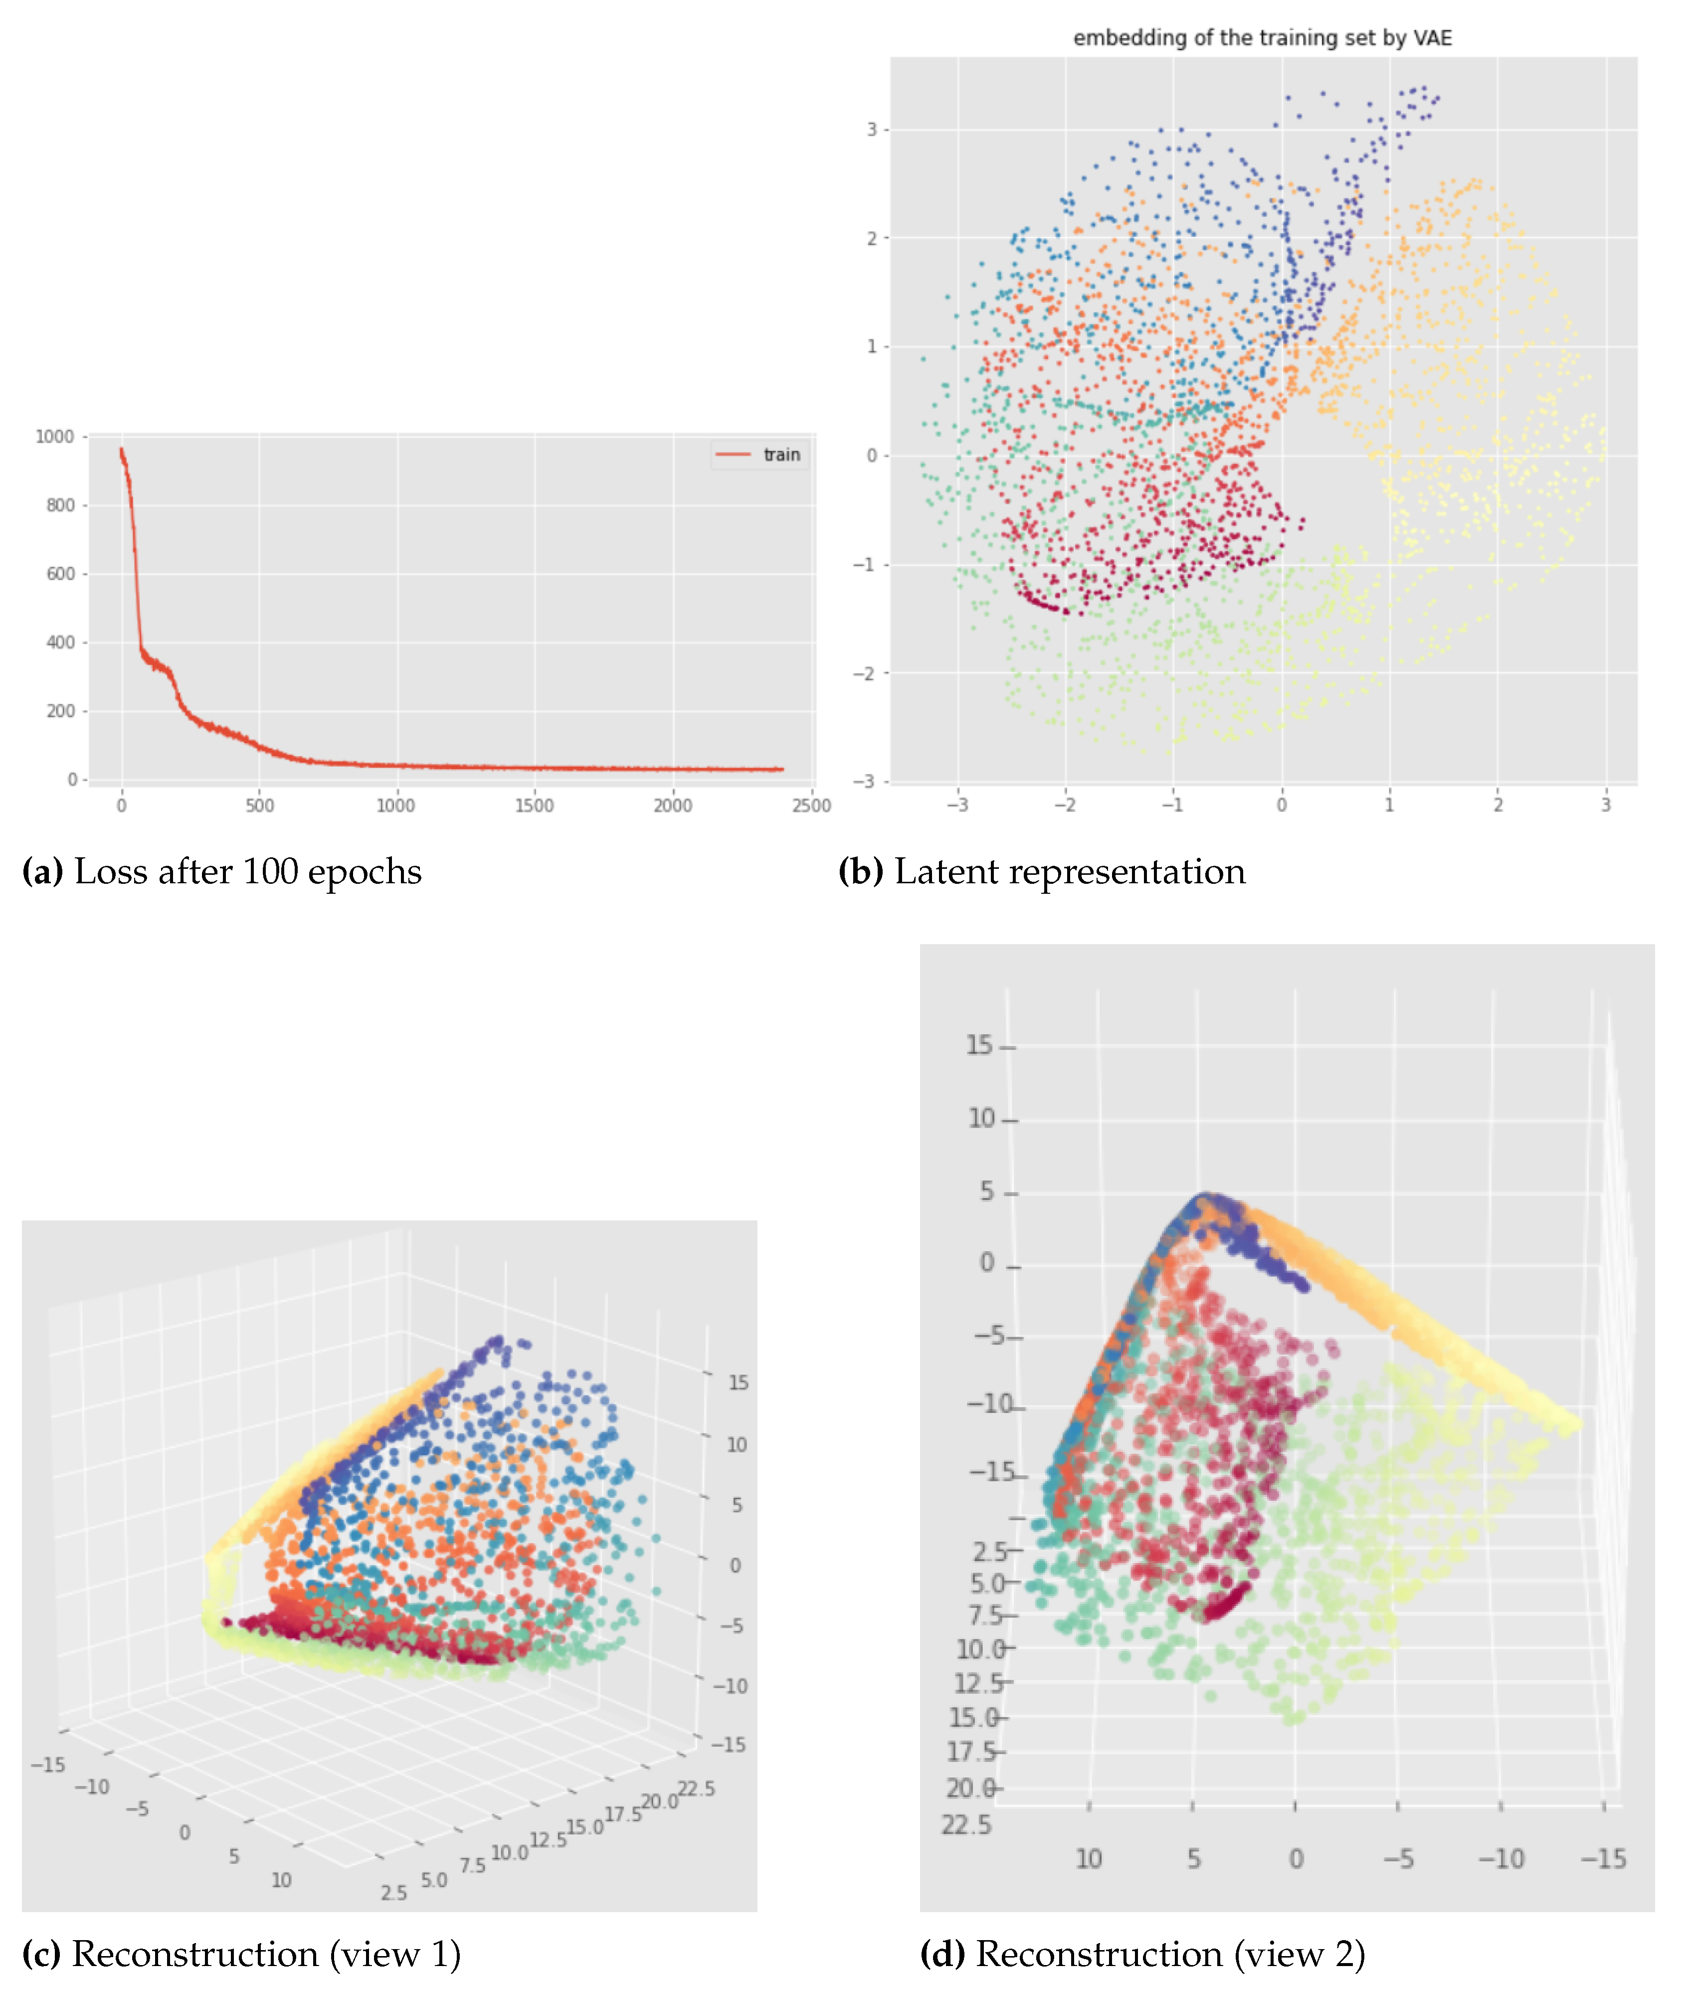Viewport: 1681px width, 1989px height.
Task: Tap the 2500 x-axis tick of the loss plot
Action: pos(811,805)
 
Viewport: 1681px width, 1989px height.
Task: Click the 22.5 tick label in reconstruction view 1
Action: pos(697,1789)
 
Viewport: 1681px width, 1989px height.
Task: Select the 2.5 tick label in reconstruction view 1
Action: pos(393,1893)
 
